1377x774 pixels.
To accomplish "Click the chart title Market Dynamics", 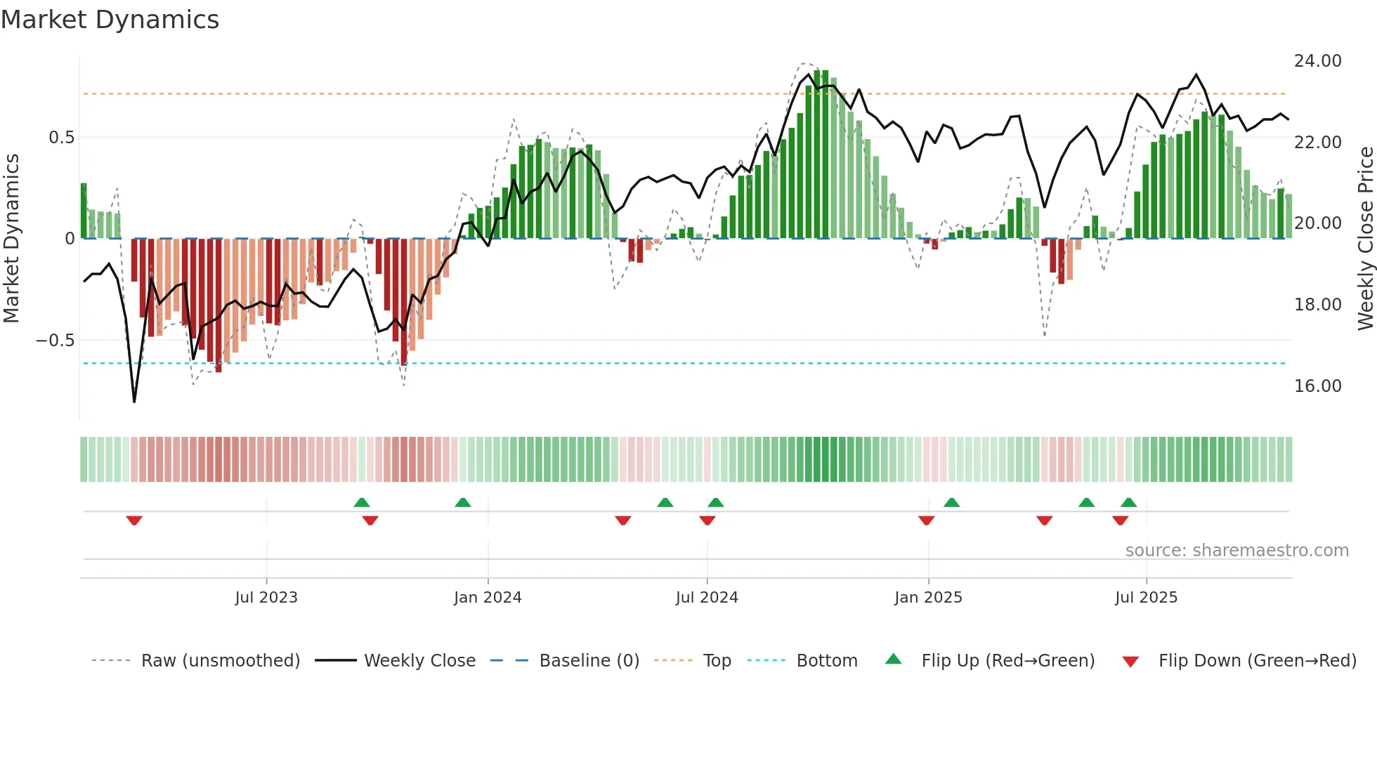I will point(110,20).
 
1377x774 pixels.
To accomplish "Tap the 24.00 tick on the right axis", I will point(1317,61).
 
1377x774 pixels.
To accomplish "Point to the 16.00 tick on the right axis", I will point(1317,386).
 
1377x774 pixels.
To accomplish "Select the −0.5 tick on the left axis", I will point(55,341).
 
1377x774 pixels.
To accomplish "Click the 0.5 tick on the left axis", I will point(61,138).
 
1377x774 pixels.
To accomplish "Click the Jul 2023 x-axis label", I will point(266,598).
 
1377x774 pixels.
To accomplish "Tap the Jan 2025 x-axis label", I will point(928,598).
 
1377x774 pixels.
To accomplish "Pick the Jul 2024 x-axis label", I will point(707,598).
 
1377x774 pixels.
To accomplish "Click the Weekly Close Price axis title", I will point(1365,238).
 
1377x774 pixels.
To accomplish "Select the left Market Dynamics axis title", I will point(11,238).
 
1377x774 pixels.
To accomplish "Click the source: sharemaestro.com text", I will point(1236,551).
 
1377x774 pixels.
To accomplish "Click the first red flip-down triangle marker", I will point(134,520).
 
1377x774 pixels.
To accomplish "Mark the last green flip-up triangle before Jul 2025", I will point(1129,502).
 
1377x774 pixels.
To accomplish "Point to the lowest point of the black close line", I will point(134,401).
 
